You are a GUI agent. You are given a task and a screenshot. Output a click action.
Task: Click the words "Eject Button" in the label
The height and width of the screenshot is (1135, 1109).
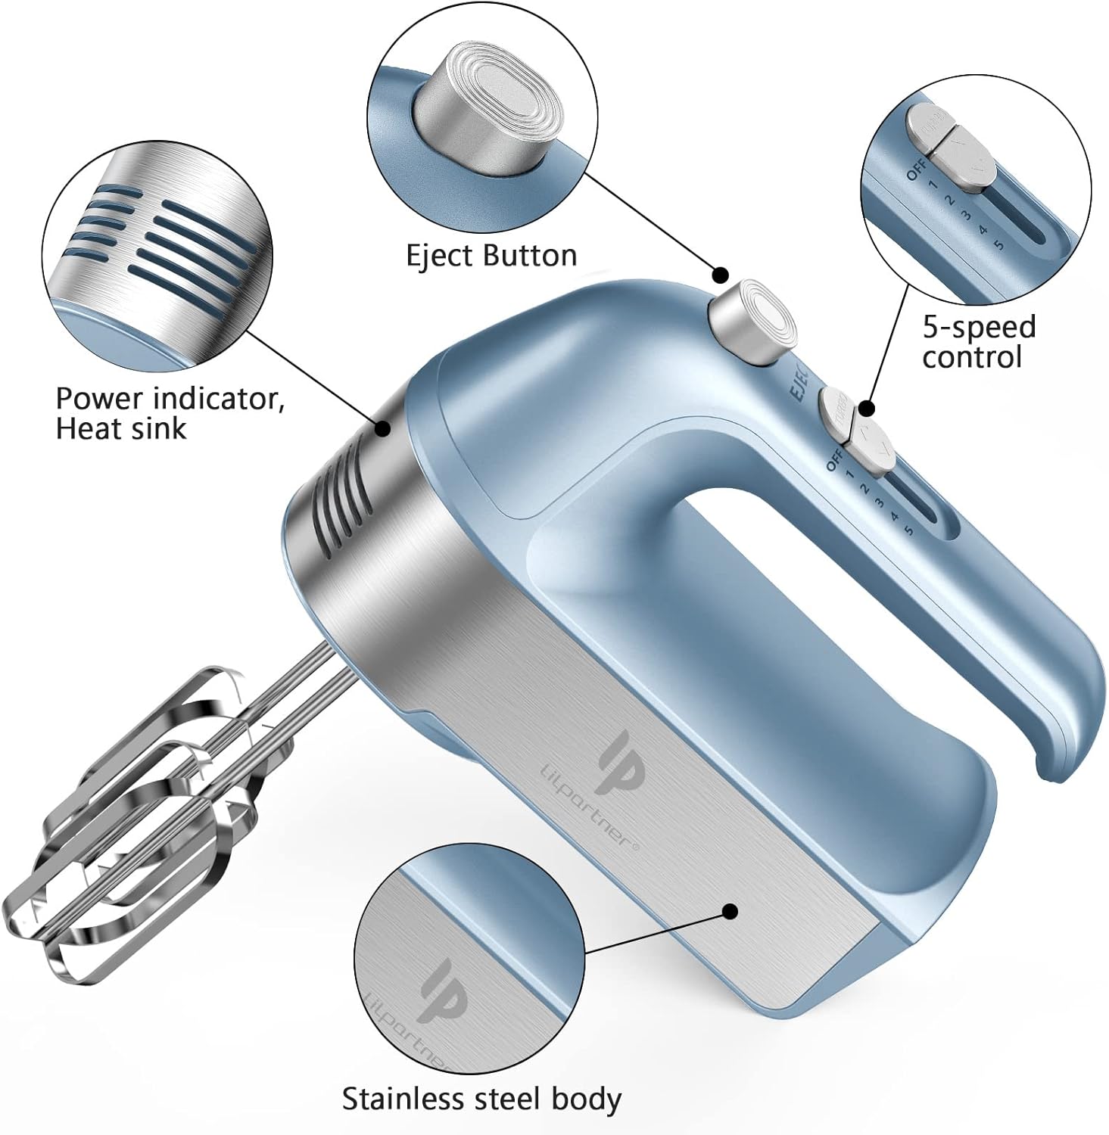click(491, 256)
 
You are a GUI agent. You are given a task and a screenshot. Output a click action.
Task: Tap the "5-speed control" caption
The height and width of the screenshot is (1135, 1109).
click(978, 341)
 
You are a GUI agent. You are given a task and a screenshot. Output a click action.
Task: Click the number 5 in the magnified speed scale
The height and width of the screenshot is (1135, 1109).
click(999, 244)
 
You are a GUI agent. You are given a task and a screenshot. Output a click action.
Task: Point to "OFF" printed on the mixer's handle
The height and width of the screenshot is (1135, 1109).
click(835, 460)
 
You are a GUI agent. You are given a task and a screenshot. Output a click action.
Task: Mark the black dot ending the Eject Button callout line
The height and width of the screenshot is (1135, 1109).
click(721, 275)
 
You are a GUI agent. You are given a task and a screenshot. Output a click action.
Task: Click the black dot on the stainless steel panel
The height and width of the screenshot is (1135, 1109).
click(730, 911)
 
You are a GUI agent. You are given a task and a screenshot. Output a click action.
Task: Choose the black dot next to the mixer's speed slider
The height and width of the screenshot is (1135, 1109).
click(868, 409)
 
